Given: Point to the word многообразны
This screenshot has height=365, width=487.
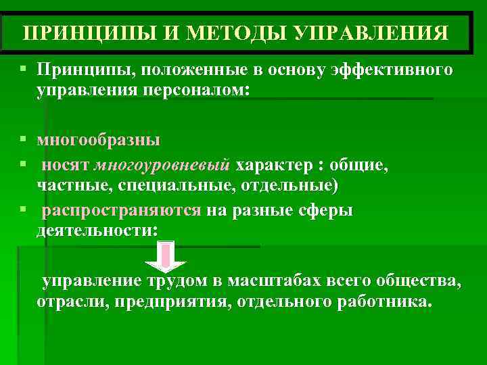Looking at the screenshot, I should coord(99,141).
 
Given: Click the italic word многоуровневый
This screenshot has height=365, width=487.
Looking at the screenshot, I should coord(163,166).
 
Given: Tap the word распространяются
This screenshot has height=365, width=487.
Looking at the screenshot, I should coord(122,211).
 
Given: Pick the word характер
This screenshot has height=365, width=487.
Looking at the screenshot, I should coord(274,166).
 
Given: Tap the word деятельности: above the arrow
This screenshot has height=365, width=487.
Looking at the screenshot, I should coord(97,230).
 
